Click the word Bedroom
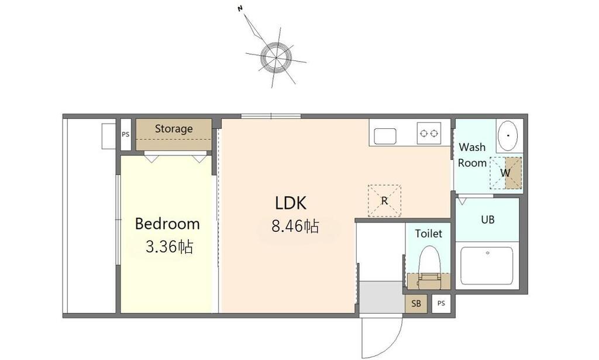point(167,224)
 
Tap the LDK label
point(291,203)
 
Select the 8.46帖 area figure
point(295,227)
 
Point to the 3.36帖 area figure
point(169,247)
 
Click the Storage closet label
point(173,129)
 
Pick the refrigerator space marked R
point(384,201)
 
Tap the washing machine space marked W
point(506,173)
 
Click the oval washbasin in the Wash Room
point(508,136)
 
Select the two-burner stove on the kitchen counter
point(429,133)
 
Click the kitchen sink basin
point(385,136)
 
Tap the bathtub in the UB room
point(487,266)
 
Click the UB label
point(488,220)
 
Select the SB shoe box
point(416,303)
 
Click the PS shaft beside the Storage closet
point(126,135)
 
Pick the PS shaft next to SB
point(441,303)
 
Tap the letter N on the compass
point(240,8)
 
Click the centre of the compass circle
point(276,57)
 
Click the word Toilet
point(429,234)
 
